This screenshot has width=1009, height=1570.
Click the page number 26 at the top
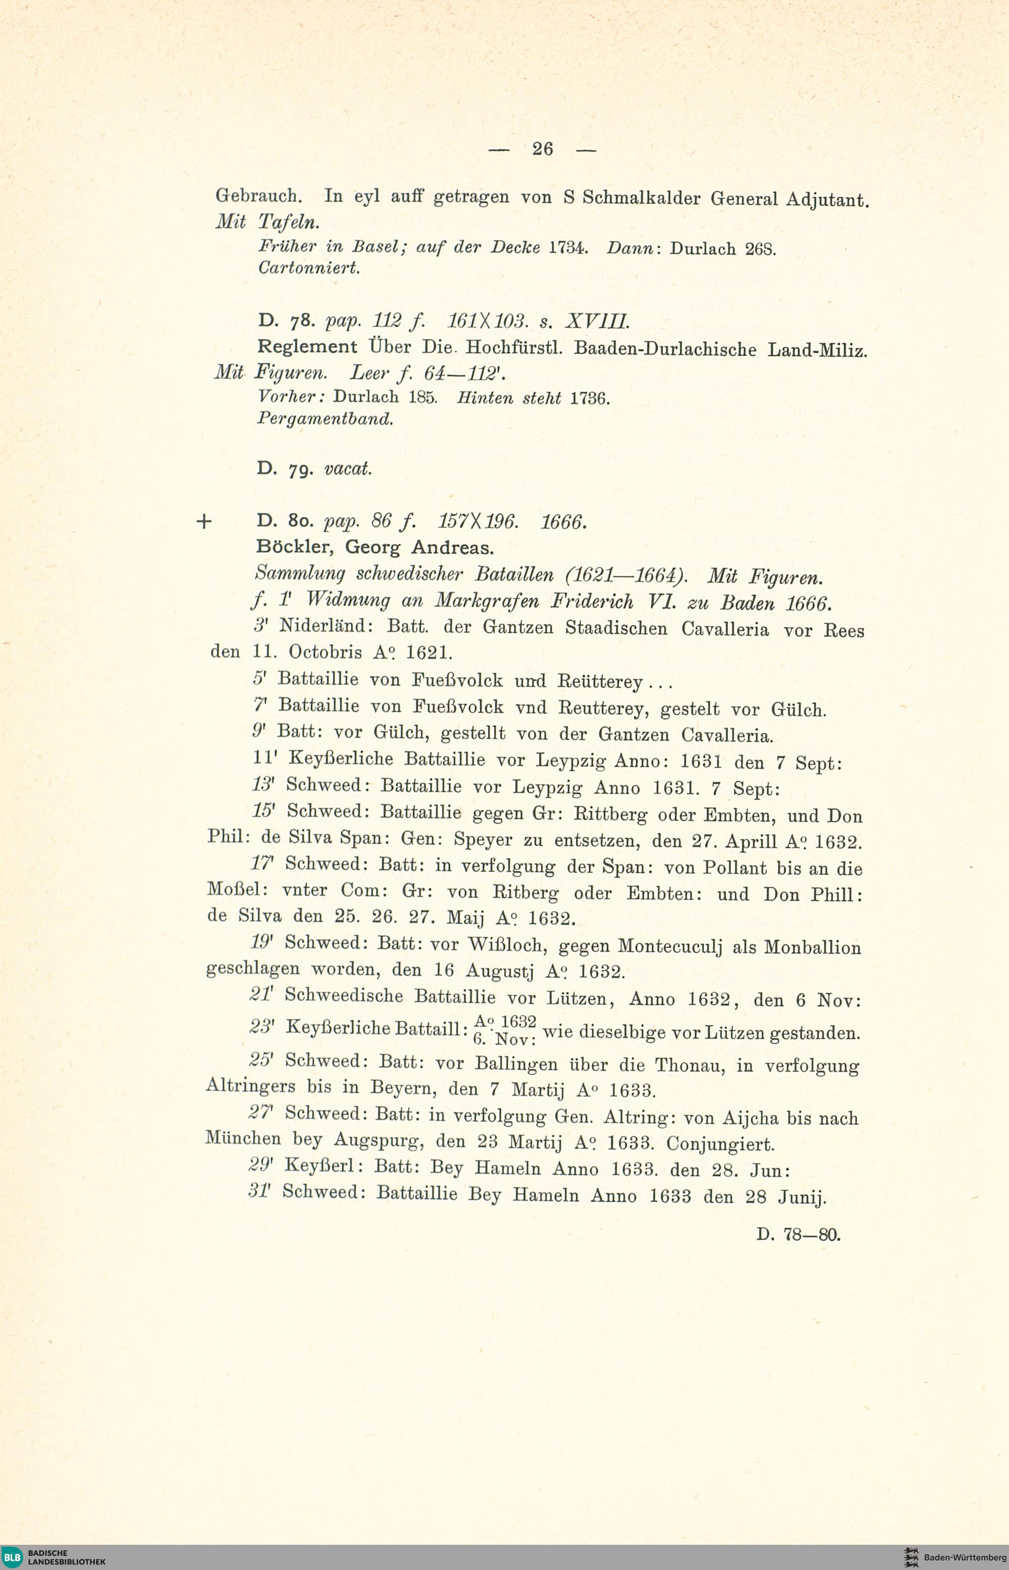542,149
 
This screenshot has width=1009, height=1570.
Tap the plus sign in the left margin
204,522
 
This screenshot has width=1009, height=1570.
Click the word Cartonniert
309,268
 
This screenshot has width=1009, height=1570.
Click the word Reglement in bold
307,346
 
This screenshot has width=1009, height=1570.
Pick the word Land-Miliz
817,350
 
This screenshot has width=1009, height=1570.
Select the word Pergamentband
325,419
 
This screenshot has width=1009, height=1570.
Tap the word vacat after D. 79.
348,469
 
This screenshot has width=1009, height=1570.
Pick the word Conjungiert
720,1144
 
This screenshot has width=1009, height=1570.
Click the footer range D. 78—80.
798,1235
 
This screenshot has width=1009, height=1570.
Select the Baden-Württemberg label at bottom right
965,1557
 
